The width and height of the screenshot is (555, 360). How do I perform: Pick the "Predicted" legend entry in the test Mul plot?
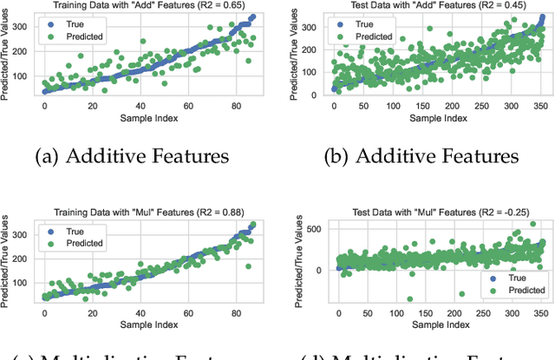pos(518,290)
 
